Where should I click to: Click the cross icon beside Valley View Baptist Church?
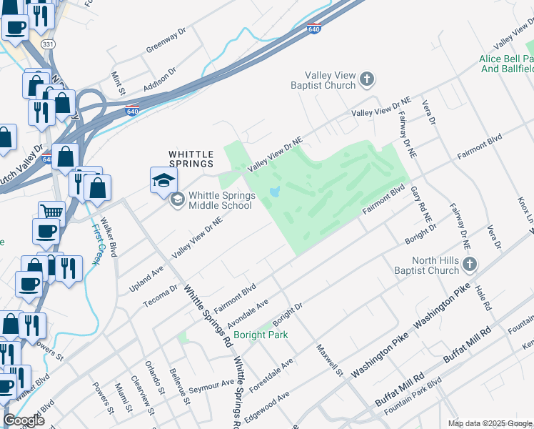[x=367, y=79]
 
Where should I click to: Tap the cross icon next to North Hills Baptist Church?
[x=469, y=265]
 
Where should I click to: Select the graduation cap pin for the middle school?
[x=163, y=179]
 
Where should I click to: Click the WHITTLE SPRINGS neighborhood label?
[x=191, y=159]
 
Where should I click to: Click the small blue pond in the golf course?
[x=275, y=192]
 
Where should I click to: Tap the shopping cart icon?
[x=51, y=212]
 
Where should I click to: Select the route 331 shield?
[x=48, y=44]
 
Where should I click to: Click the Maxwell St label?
[x=330, y=360]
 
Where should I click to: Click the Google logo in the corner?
[x=24, y=420]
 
